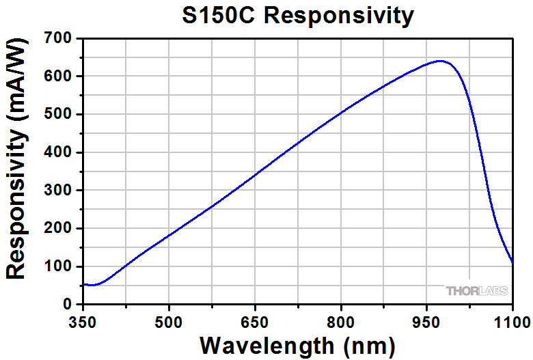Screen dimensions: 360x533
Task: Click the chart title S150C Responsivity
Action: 298,15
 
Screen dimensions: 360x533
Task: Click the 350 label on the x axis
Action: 83,320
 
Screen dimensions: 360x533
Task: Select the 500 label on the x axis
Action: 169,320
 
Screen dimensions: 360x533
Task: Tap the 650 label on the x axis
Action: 255,320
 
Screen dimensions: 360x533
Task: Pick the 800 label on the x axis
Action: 341,320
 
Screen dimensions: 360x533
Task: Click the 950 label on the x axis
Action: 426,320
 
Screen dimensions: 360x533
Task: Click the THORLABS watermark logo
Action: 477,291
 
